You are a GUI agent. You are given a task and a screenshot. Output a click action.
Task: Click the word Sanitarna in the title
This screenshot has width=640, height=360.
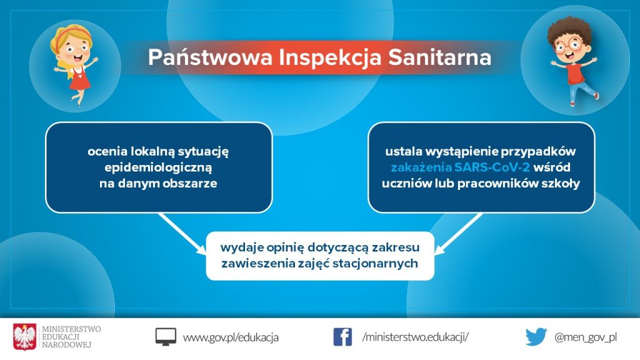(439, 57)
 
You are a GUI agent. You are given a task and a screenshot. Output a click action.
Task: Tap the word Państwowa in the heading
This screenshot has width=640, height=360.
(210, 57)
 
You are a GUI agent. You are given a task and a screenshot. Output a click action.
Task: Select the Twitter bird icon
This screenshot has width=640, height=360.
(536, 337)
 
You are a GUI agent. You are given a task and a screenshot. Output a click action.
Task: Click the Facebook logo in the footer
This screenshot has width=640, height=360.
(342, 337)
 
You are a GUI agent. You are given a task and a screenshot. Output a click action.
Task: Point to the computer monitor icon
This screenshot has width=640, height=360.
(166, 337)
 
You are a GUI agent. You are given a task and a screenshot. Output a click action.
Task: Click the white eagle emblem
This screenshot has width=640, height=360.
(24, 337)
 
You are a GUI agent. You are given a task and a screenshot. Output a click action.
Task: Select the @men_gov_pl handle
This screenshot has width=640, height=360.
(585, 337)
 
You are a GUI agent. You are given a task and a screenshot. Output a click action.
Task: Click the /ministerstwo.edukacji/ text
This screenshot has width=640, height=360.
(416, 337)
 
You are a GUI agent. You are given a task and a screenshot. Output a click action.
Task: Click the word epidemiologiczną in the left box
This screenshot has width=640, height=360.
(158, 167)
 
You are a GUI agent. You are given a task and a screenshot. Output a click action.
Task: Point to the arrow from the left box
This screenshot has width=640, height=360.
(182, 233)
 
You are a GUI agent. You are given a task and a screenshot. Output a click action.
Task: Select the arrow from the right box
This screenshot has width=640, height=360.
(459, 233)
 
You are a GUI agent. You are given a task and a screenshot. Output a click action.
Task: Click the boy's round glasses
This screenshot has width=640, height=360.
(571, 45)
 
